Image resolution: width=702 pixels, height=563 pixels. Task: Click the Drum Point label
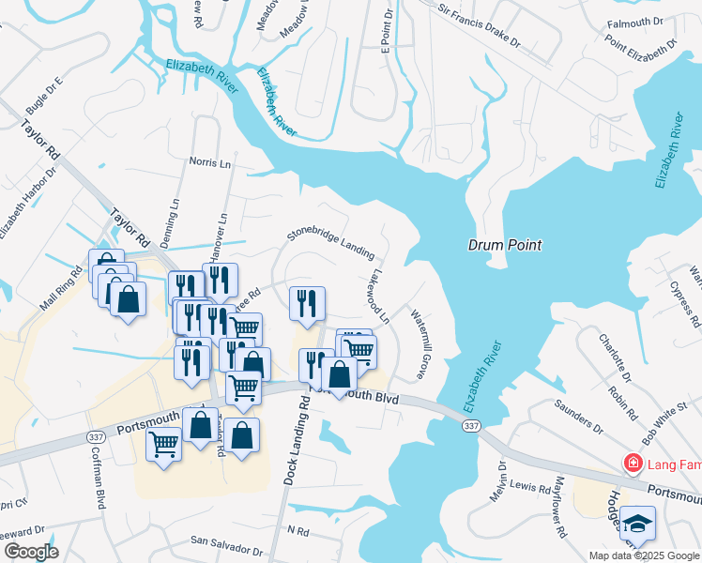pyautogui.click(x=505, y=245)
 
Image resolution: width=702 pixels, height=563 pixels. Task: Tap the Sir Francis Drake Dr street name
pyautogui.click(x=479, y=25)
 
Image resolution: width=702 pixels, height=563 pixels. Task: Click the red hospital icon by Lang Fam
pyautogui.click(x=633, y=464)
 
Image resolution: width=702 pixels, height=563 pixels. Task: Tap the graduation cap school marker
pyautogui.click(x=637, y=524)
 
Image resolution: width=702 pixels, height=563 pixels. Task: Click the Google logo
pyautogui.click(x=31, y=551)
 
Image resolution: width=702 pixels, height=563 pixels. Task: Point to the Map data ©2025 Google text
pyautogui.click(x=643, y=555)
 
